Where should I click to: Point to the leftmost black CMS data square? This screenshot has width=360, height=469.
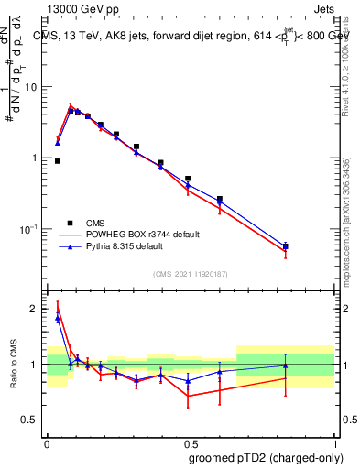point(58,161)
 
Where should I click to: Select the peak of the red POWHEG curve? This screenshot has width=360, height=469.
point(71,104)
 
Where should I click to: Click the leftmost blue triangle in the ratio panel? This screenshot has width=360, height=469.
point(58,319)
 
